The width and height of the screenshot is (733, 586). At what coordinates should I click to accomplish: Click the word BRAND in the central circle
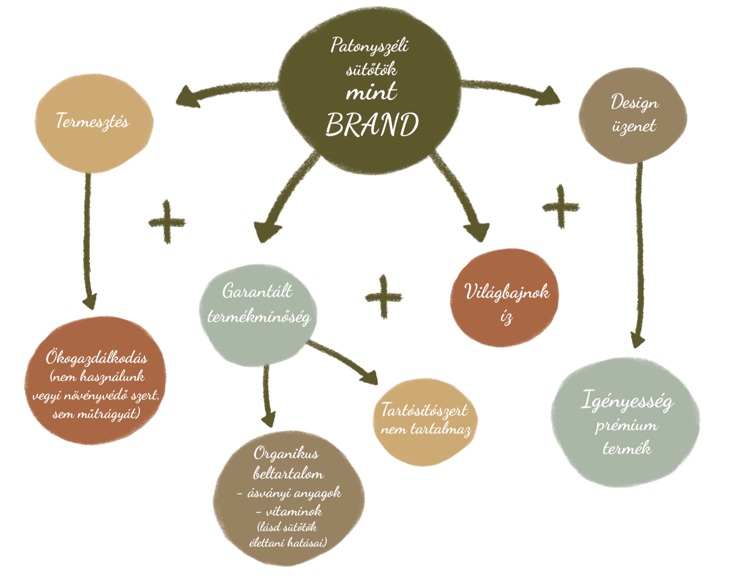(x=372, y=125)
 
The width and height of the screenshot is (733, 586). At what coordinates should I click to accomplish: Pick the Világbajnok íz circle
(x=504, y=298)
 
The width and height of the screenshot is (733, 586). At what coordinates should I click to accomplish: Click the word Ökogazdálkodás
(x=97, y=358)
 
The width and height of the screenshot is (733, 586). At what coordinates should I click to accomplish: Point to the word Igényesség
(x=626, y=401)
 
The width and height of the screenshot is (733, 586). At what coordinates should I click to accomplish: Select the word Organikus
(x=286, y=454)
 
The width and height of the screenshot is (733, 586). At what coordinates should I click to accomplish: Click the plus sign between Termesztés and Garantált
(x=167, y=222)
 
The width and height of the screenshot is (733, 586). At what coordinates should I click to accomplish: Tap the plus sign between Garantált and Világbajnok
(x=383, y=297)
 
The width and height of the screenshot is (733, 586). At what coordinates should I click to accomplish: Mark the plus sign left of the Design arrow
(x=561, y=207)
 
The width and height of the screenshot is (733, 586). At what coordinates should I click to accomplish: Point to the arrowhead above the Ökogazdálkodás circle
(x=90, y=300)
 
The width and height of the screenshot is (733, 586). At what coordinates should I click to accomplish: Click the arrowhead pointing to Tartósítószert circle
(x=369, y=378)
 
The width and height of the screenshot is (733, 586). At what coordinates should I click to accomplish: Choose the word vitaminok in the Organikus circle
(x=294, y=512)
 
